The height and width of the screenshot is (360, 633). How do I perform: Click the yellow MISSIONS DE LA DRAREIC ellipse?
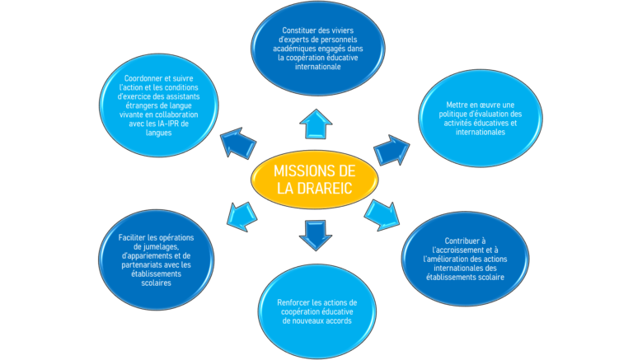click(x=315, y=180)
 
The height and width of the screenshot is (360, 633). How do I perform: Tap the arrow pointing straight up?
click(x=316, y=124)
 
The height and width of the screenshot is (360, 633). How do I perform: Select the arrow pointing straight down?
click(x=316, y=236)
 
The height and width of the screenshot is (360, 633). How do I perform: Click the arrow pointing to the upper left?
click(x=238, y=143)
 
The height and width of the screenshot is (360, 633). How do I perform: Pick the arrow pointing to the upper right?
click(x=392, y=150)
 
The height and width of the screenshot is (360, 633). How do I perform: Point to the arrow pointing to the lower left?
click(x=242, y=217)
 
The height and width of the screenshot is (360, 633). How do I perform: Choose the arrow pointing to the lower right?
click(x=382, y=215)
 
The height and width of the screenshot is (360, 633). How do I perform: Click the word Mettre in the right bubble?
click(x=456, y=105)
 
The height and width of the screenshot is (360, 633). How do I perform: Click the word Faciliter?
click(x=132, y=238)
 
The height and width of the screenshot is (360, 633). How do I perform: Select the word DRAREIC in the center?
click(x=325, y=189)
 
